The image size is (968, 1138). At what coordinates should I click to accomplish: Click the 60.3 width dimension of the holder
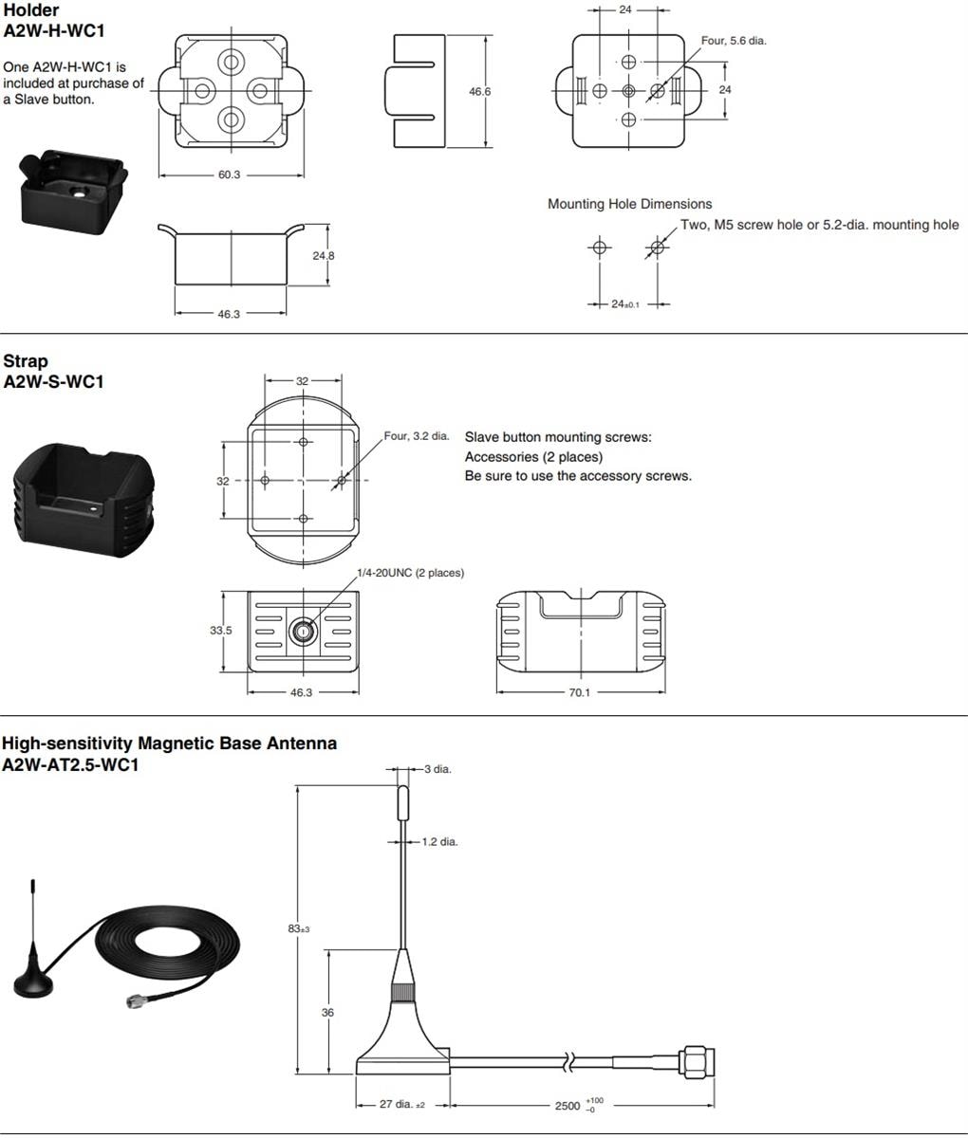pos(229,174)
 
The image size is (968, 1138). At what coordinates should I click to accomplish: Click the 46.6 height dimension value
pos(480,92)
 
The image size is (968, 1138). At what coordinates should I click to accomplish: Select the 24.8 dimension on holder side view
pos(324,255)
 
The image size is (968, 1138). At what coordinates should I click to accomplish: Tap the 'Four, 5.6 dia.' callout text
pos(734,41)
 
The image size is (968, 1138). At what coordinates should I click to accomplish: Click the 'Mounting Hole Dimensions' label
pos(629,204)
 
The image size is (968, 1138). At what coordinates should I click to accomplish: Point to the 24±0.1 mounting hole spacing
pos(624,303)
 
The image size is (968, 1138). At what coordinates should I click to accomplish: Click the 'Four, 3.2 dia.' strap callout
pos(416,436)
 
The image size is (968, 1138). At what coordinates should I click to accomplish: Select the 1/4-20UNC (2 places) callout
pos(410,573)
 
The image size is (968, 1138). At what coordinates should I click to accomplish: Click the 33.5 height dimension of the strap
pos(221,631)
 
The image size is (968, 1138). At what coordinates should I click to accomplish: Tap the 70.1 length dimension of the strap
pos(579,692)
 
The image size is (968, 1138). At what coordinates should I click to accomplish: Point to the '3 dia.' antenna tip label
pos(437,769)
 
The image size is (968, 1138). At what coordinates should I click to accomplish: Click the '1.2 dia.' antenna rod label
pos(439,841)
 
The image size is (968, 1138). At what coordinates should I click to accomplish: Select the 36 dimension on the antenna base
pos(327,1012)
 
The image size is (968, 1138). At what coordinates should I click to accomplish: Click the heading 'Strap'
pos(26,361)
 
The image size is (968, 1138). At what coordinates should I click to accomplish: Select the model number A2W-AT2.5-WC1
pos(70,764)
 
